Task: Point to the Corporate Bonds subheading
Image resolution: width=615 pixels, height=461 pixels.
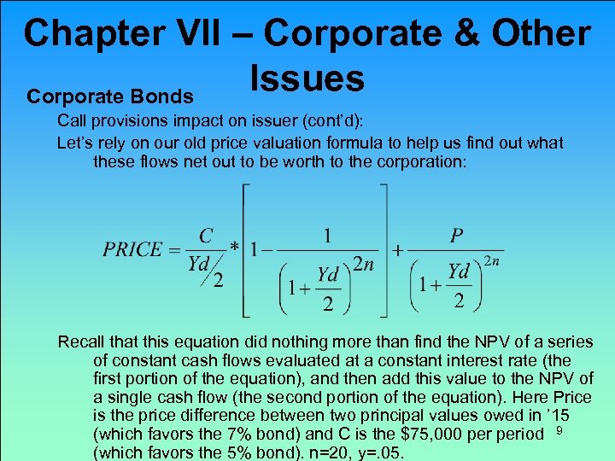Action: [110, 96]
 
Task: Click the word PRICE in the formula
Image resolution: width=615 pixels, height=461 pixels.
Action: [132, 249]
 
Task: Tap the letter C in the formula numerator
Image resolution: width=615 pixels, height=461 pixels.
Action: [206, 234]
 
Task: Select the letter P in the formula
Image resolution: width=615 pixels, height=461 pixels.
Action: [458, 234]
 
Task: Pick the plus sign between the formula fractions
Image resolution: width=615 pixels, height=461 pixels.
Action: [398, 251]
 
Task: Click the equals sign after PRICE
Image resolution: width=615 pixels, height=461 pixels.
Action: [175, 250]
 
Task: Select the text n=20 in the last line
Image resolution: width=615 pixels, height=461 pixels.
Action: [355, 453]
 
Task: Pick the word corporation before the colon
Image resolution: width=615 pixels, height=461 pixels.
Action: [416, 160]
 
